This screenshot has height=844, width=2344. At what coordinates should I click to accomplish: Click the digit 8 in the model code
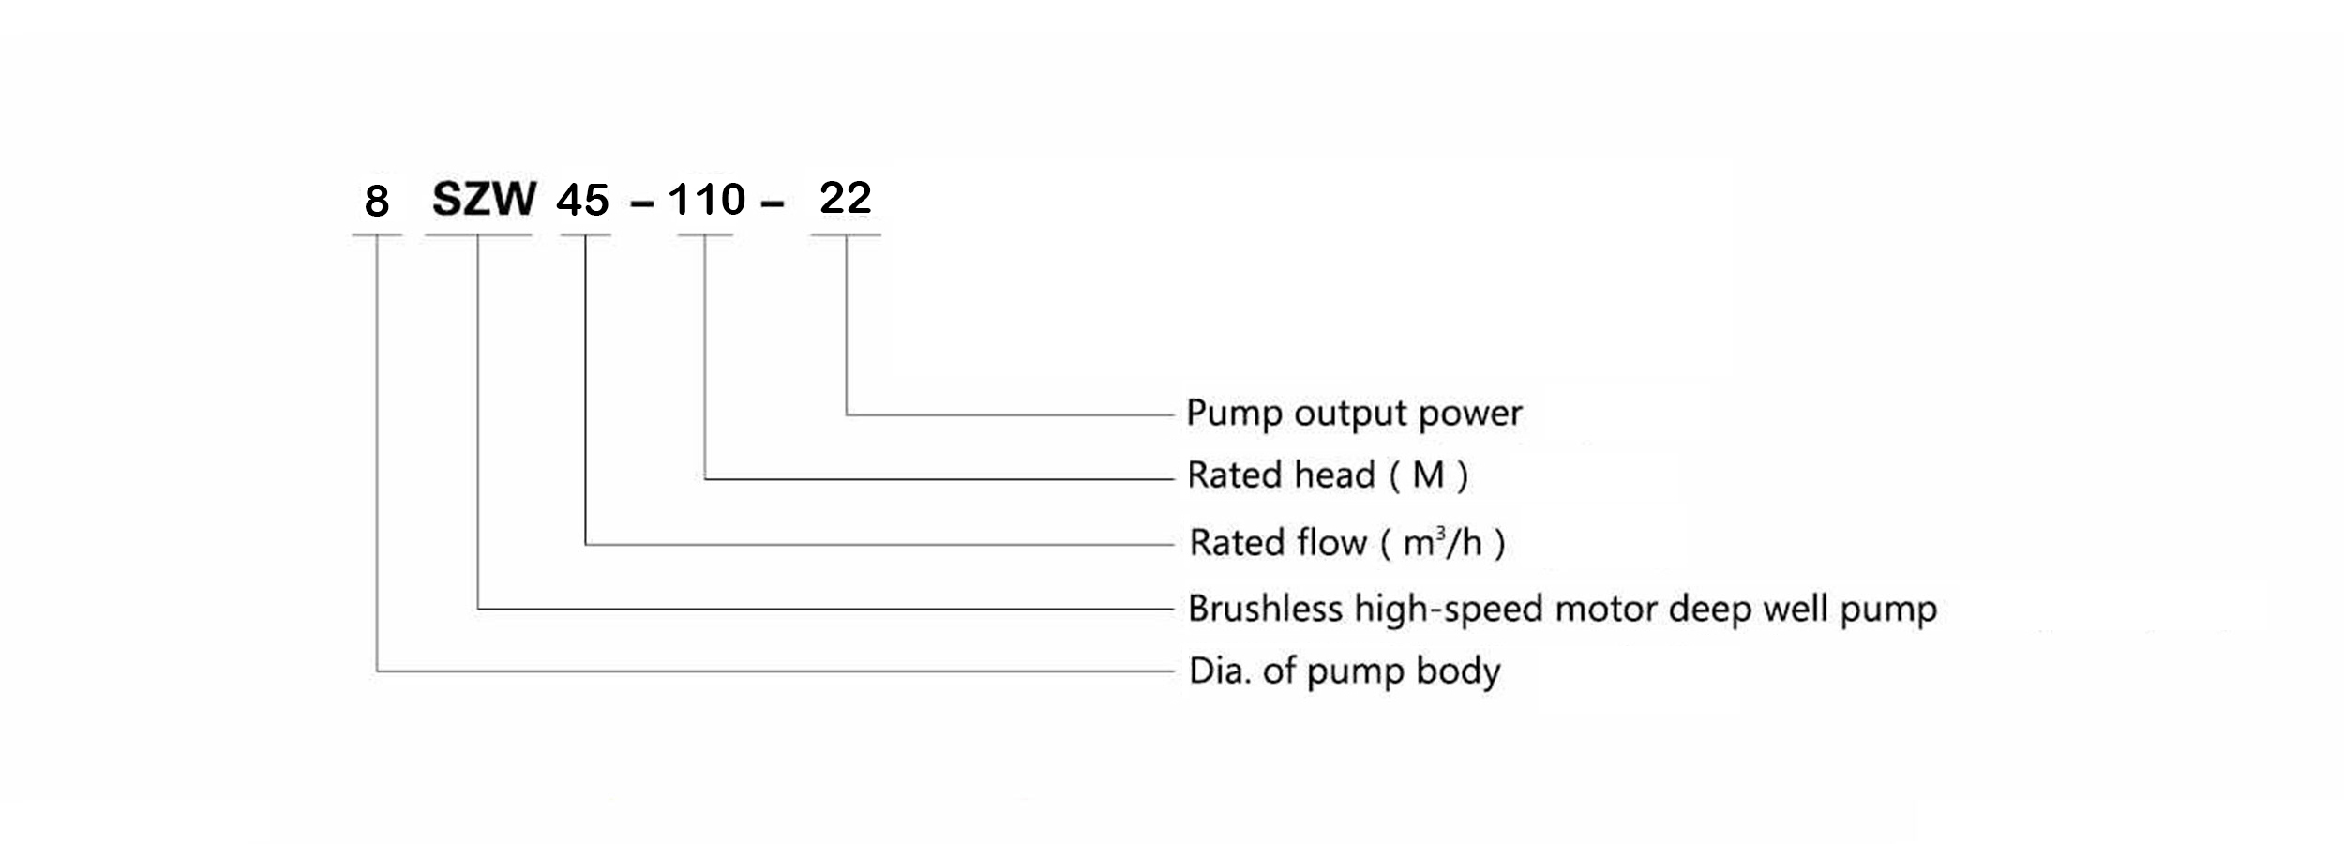[x=377, y=201]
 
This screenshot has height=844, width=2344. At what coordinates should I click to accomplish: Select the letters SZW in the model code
[x=484, y=199]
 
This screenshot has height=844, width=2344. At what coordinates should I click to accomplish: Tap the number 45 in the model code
[x=583, y=201]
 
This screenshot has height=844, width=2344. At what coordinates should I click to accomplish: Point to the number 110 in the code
[x=707, y=200]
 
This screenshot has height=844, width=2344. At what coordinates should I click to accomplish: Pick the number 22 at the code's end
[x=846, y=198]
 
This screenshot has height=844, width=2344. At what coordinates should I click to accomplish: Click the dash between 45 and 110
[x=642, y=205]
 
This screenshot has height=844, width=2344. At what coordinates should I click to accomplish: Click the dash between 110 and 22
[x=773, y=204]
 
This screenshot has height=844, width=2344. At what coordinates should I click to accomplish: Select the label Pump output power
[x=1354, y=414]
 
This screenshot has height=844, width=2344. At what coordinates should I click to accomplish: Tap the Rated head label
[x=1328, y=475]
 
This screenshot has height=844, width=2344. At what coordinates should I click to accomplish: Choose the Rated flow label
[x=1347, y=543]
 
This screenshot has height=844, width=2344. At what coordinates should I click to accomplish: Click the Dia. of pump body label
[x=1345, y=671]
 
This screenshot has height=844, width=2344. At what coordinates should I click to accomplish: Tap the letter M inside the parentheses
[x=1428, y=475]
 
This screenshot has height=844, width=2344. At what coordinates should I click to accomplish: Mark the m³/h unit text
[x=1442, y=543]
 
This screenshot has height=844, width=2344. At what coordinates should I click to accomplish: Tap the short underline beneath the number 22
[x=846, y=234]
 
